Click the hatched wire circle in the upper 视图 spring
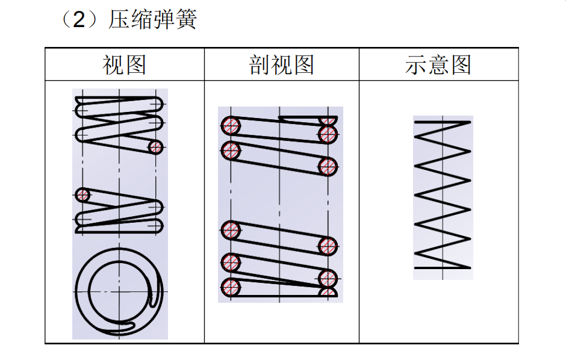156,147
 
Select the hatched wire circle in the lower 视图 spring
82,195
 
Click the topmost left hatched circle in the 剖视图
231,126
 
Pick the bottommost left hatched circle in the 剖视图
231,287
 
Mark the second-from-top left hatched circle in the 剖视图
231,151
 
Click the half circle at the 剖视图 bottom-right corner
328,293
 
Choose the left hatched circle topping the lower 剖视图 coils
231,230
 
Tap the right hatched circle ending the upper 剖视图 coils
328,166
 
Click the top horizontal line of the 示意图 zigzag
442,122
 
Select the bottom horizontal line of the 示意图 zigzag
442,267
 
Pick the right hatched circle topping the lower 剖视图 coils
328,245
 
